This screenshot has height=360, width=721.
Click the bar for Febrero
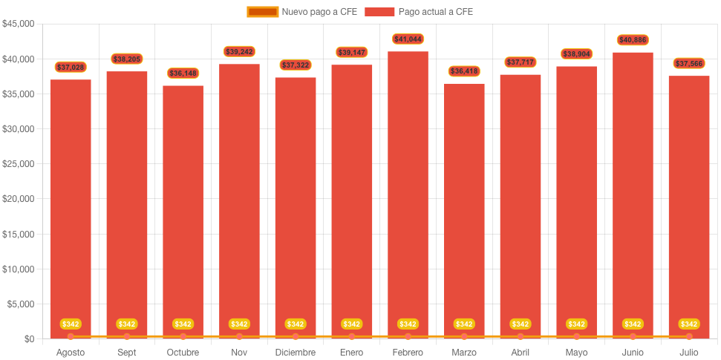click(x=408, y=193)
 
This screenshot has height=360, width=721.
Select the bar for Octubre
click(x=183, y=212)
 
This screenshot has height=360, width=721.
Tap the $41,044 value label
click(x=408, y=39)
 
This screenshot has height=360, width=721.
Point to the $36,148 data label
click(x=183, y=73)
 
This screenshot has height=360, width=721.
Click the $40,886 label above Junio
click(x=633, y=40)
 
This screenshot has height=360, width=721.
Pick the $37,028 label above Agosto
click(x=71, y=68)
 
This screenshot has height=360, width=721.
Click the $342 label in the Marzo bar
click(x=464, y=324)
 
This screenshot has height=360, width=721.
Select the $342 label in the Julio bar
click(x=689, y=324)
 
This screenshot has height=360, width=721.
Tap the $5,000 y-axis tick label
click(x=20, y=304)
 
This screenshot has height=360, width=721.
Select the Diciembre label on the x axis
click(x=295, y=353)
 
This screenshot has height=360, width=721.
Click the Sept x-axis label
click(x=127, y=353)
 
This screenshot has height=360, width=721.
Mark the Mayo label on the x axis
click(x=576, y=353)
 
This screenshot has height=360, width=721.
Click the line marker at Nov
click(x=239, y=337)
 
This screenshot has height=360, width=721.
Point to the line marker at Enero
click(x=351, y=337)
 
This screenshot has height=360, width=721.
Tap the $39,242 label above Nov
click(x=239, y=52)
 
